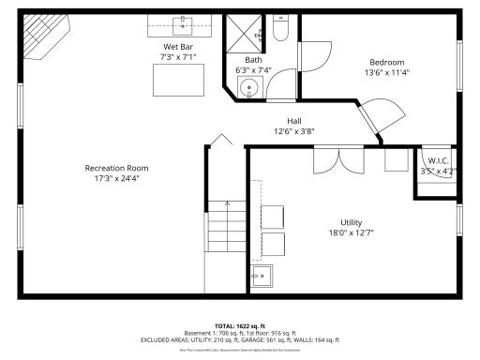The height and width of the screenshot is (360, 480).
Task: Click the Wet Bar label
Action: coord(178,47)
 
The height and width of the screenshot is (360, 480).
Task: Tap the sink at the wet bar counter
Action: coord(178,22)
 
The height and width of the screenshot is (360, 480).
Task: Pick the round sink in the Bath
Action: coord(248,89)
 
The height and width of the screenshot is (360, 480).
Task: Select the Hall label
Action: coord(293,121)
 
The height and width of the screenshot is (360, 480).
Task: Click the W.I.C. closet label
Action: coord(436,160)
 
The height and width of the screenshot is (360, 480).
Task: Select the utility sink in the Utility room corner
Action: coord(262,276)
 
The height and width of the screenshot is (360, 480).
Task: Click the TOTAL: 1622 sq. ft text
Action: coord(239,326)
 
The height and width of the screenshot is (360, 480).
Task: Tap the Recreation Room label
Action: coord(116,168)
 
